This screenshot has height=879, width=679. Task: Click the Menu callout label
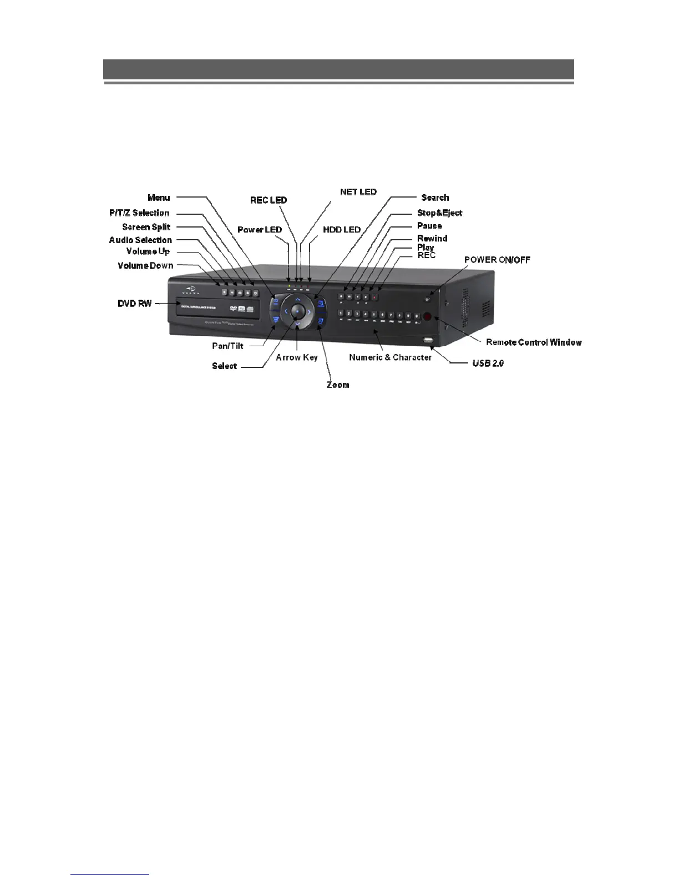click(x=159, y=198)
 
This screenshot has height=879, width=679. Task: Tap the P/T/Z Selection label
click(x=139, y=213)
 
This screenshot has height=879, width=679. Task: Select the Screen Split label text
click(x=146, y=227)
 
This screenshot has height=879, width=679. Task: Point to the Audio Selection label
click(x=140, y=240)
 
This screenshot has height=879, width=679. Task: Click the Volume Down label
click(x=145, y=266)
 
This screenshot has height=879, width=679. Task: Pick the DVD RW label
click(x=135, y=304)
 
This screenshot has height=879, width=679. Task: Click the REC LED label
click(x=268, y=200)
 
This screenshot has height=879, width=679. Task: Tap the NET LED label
click(x=358, y=192)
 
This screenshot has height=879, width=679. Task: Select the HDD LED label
click(x=342, y=230)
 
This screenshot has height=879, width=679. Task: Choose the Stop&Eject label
click(x=439, y=213)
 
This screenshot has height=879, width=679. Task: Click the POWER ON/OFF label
click(x=497, y=260)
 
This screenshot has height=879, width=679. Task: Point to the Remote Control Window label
click(x=534, y=342)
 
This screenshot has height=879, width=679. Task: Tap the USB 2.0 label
click(x=488, y=363)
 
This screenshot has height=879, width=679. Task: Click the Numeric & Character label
click(x=390, y=357)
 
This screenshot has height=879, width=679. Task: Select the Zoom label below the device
click(x=338, y=385)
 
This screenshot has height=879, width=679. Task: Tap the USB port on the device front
click(x=428, y=339)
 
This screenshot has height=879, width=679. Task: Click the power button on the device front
click(x=427, y=300)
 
